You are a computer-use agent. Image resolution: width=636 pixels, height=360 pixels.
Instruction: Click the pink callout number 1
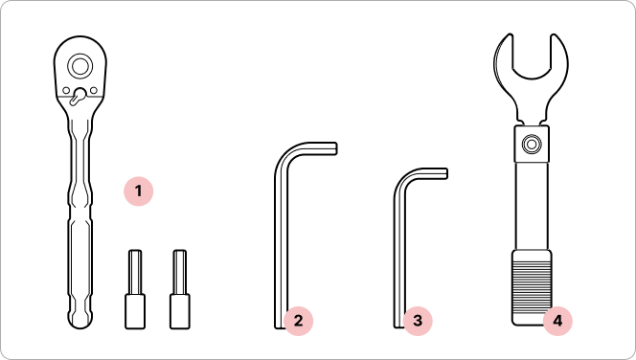click(138, 191)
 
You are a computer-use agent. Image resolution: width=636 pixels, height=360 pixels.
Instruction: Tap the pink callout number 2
click(298, 321)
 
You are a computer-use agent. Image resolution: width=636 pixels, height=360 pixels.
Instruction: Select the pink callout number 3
click(418, 321)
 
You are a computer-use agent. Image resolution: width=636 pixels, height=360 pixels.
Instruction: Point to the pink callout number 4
click(557, 321)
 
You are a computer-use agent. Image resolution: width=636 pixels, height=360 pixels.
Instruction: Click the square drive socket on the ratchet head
click(79, 66)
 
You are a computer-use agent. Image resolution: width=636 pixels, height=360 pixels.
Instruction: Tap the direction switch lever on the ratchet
click(78, 97)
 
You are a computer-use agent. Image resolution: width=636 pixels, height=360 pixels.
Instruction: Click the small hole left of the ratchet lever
click(66, 90)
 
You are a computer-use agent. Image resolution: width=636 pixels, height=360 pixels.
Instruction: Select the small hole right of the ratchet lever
click(94, 90)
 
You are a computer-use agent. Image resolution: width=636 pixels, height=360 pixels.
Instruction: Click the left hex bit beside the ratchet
click(135, 289)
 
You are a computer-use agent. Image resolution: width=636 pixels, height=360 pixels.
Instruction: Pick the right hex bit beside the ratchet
click(180, 289)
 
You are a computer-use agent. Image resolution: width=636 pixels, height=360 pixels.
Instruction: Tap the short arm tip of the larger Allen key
click(334, 148)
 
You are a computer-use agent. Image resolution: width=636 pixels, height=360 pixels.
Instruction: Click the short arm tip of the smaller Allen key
click(445, 173)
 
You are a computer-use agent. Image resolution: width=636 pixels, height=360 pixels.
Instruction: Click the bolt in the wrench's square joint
click(532, 144)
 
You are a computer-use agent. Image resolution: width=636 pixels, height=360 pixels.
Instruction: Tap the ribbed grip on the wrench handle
click(532, 287)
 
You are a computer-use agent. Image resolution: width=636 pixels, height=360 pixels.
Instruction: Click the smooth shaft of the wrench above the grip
click(532, 206)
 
